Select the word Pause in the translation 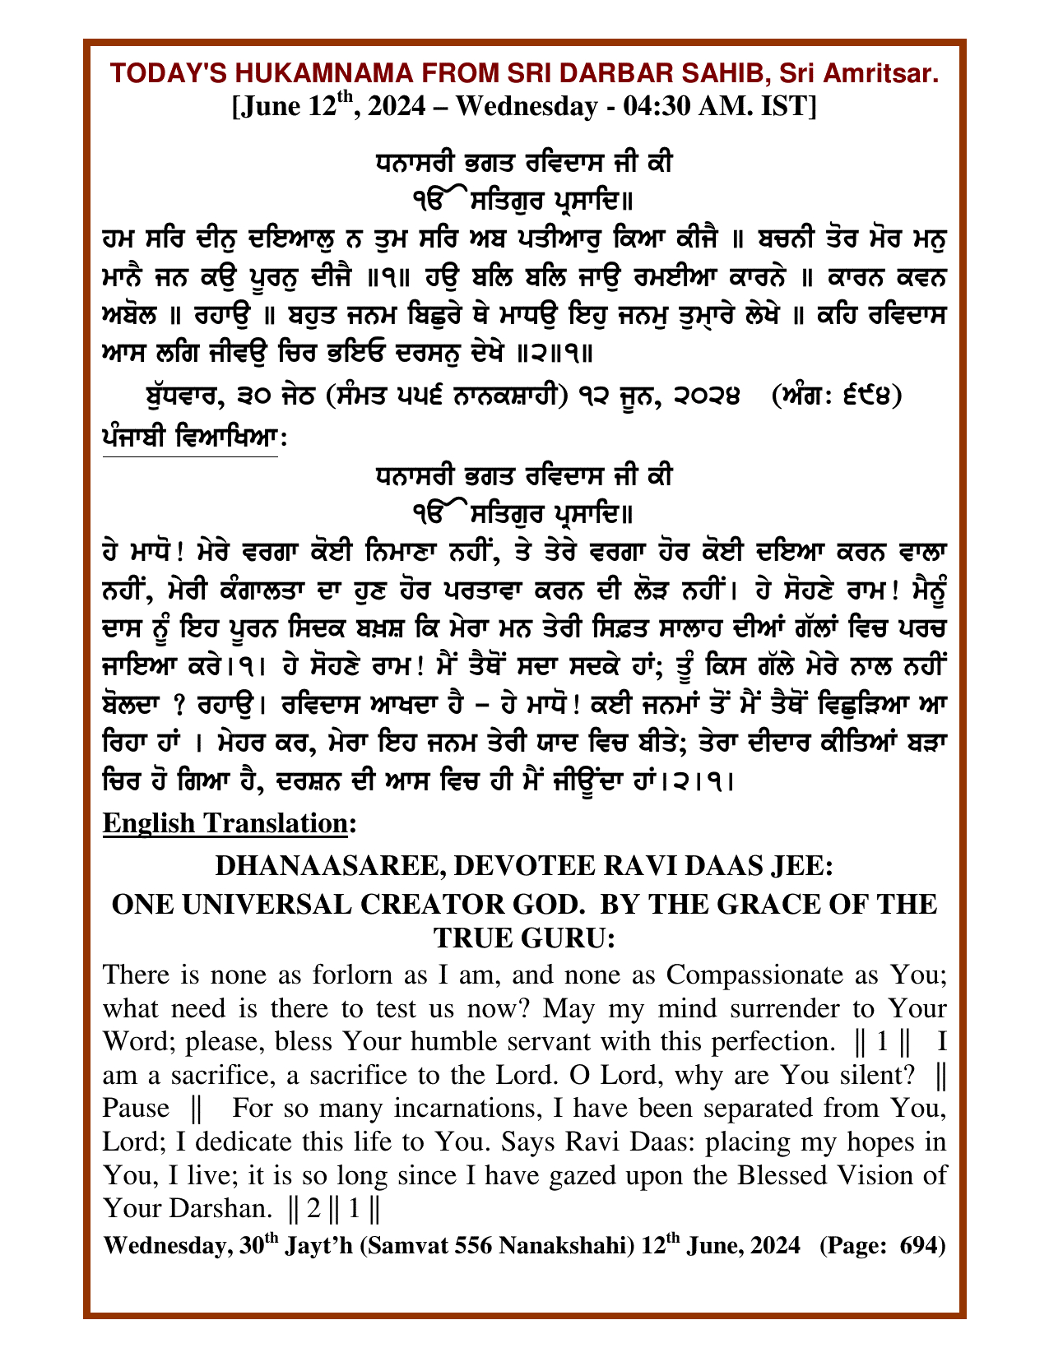click(136, 1109)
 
